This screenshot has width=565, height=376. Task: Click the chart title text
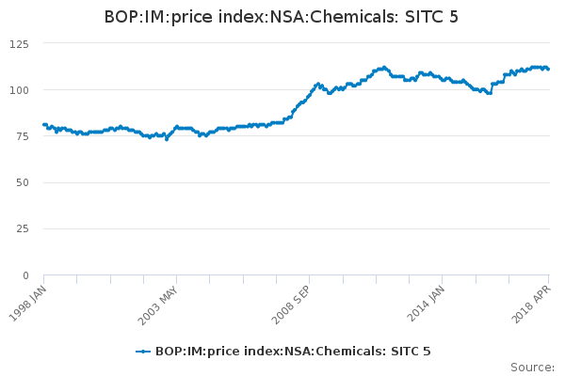coord(282,17)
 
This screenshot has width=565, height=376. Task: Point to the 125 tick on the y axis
coord(20,43)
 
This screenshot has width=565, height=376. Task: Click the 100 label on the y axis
coord(20,90)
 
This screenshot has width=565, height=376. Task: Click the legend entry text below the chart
coord(293,352)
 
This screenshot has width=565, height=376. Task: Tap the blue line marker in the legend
coord(143,352)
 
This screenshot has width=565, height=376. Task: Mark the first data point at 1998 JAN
coord(44,124)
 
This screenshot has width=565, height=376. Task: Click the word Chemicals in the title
coord(349,17)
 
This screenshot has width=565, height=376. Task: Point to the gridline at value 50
coord(282,182)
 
